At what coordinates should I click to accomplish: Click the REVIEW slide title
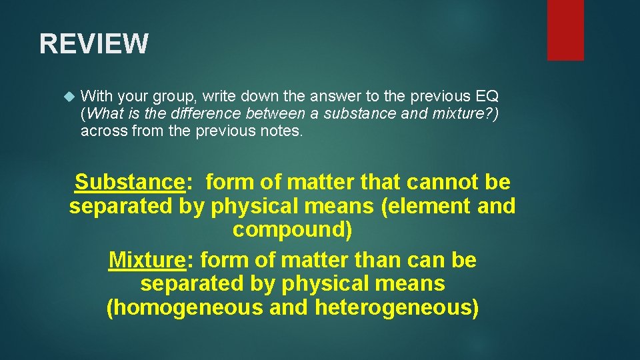(x=94, y=44)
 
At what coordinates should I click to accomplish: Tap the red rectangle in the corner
(x=565, y=30)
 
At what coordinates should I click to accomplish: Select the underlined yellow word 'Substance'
(x=129, y=181)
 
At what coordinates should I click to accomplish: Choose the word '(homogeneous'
(x=185, y=308)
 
